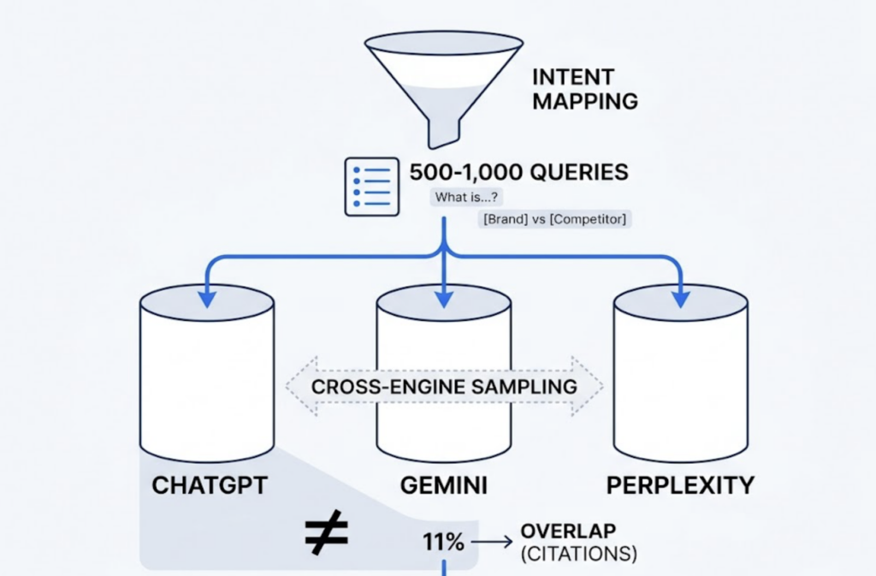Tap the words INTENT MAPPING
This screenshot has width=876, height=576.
(585, 89)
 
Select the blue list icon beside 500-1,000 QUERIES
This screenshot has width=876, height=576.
(371, 185)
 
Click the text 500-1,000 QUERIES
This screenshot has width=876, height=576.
(518, 172)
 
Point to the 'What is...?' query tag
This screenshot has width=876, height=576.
(467, 198)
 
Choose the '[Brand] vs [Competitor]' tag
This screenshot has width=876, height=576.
(554, 219)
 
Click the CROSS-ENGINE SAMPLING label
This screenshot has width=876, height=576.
(444, 387)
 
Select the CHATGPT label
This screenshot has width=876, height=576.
(210, 486)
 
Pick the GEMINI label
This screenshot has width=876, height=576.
(443, 486)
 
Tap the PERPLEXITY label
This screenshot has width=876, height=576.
(680, 486)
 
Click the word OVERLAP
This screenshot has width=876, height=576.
(568, 531)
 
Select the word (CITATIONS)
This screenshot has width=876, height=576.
(578, 555)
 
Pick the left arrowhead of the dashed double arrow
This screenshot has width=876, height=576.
(297, 387)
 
